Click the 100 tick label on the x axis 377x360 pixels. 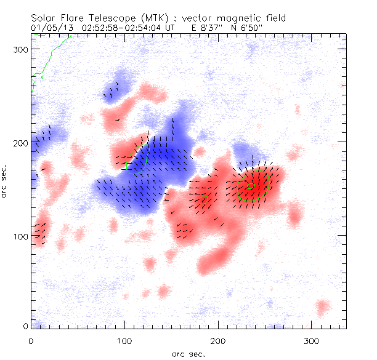[124, 340]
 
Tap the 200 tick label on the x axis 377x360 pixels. [218, 340]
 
